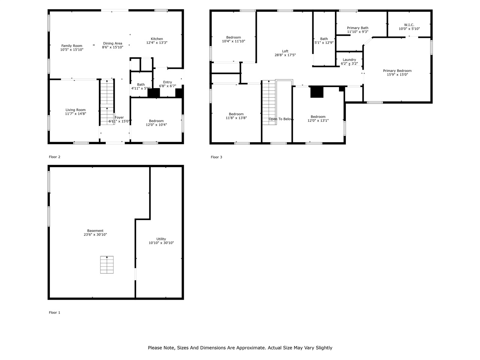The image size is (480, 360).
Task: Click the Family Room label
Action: (72, 46)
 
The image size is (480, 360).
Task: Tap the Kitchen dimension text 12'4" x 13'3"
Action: (157, 43)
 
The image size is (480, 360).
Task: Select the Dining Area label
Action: (112, 43)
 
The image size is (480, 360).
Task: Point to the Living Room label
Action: (75, 110)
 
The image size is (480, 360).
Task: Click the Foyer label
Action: (119, 117)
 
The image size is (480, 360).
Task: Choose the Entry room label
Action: (168, 82)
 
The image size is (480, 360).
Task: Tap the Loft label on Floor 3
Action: (285, 51)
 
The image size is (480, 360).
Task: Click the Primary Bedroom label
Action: (397, 70)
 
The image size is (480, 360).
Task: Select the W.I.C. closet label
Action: (409, 25)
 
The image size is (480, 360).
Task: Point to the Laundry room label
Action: (349, 60)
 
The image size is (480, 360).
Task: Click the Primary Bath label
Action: (357, 28)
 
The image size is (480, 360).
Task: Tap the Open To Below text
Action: (280, 119)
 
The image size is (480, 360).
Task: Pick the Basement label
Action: (95, 231)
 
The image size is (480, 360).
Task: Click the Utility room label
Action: (161, 239)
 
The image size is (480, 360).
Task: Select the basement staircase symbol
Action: (107, 265)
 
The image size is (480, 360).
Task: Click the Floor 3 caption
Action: (216, 157)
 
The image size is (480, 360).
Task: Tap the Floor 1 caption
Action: (54, 312)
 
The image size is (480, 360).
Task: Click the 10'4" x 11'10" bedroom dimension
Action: (233, 41)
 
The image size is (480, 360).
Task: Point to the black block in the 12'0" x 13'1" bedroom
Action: (317, 92)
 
